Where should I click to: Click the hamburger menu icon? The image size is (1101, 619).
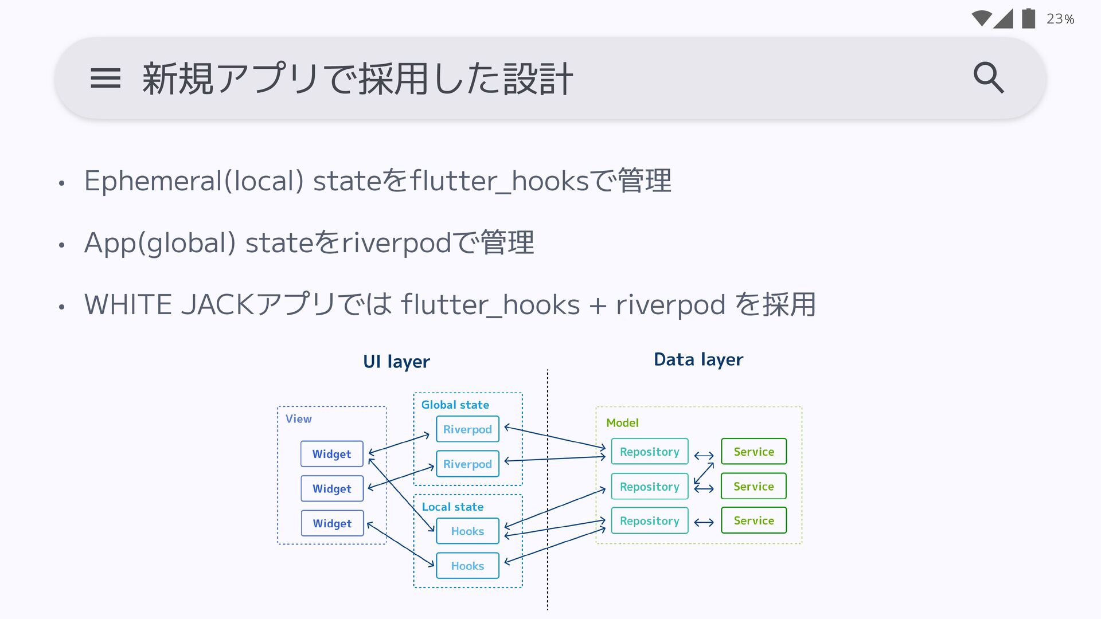point(106,79)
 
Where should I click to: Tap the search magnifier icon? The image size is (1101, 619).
point(989,78)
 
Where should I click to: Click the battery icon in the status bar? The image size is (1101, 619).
point(1028,18)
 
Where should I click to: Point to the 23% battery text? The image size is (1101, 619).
point(1060,19)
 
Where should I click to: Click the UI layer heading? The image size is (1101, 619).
point(396,362)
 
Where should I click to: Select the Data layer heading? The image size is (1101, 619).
point(698,359)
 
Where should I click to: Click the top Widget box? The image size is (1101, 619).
point(331,454)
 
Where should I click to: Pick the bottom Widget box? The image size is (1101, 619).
point(332,523)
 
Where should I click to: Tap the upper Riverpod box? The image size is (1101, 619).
point(467,429)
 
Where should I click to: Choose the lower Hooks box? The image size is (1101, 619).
point(467,566)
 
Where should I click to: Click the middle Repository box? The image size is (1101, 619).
point(649,487)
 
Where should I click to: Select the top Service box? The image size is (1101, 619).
point(753,452)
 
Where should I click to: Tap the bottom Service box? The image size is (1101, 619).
point(753,520)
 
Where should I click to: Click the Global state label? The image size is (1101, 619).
point(455,405)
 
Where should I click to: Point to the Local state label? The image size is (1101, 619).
point(452,507)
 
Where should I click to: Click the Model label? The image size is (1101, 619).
point(622,423)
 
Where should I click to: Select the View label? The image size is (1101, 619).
point(298,419)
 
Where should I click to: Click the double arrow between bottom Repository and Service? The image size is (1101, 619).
point(704,522)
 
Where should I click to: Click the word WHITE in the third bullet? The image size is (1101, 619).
point(128,304)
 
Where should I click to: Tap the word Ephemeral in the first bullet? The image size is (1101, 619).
point(153,181)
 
